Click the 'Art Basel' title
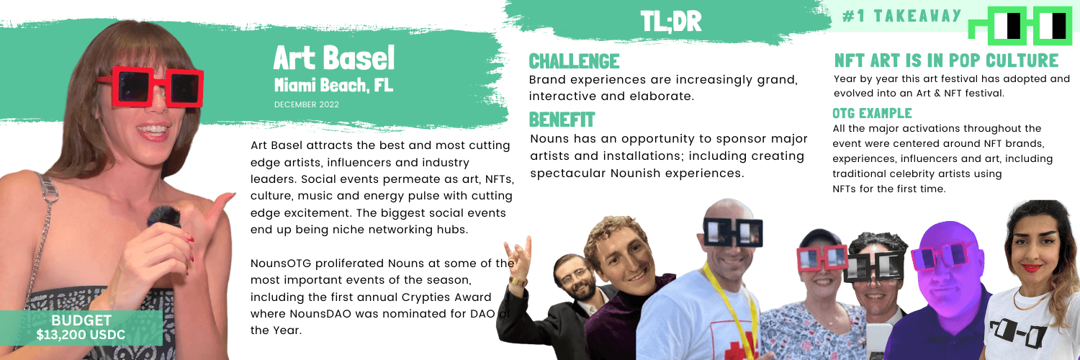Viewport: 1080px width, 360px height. pyautogui.click(x=333, y=58)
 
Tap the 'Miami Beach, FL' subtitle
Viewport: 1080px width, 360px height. pyautogui.click(x=333, y=85)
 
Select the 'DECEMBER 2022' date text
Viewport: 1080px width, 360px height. pyautogui.click(x=307, y=104)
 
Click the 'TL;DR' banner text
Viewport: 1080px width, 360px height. pyautogui.click(x=670, y=22)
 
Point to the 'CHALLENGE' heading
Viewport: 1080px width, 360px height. pyautogui.click(x=574, y=61)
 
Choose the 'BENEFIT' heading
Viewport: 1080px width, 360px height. pyautogui.click(x=562, y=120)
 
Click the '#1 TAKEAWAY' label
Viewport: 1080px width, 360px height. pyautogui.click(x=901, y=16)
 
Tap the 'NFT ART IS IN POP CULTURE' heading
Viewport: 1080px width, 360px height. pyautogui.click(x=947, y=60)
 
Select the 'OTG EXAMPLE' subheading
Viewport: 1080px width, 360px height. pyautogui.click(x=872, y=113)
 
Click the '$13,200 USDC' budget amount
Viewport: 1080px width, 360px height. pyautogui.click(x=81, y=335)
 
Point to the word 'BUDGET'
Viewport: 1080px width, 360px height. pyautogui.click(x=81, y=320)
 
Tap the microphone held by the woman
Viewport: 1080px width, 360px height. pyautogui.click(x=163, y=217)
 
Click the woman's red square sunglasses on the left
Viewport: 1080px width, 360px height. pyautogui.click(x=150, y=86)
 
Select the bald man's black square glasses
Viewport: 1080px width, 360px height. pyautogui.click(x=733, y=232)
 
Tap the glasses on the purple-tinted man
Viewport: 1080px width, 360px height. pyautogui.click(x=942, y=256)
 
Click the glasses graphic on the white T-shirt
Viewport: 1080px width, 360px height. pyautogui.click(x=1019, y=333)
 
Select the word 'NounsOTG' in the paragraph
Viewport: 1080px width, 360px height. pyautogui.click(x=281, y=264)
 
